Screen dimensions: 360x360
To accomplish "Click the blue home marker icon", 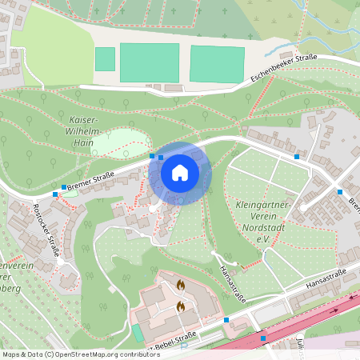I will click(180, 172).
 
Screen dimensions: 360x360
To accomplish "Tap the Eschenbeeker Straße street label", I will click(284, 68).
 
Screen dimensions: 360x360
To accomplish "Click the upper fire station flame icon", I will click(181, 284).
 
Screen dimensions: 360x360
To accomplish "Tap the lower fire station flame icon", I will click(181, 305).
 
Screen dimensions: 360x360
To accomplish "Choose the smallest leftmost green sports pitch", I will click(105, 59).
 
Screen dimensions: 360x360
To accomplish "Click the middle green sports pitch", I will click(150, 62).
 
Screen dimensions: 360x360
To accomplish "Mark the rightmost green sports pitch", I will click(217, 64).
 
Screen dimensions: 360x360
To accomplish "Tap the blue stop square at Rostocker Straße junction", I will click(55, 194).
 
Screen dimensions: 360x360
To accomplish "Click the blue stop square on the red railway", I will click(263, 338).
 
